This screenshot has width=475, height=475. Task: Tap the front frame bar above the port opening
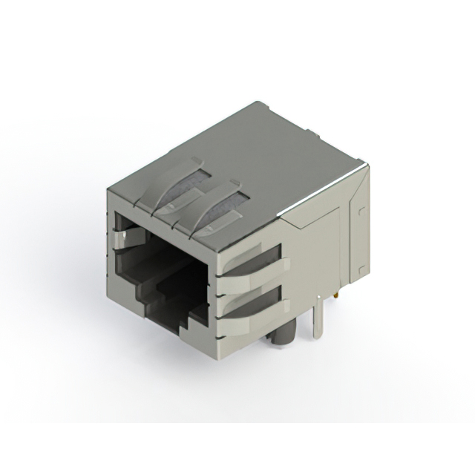click(x=163, y=223)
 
